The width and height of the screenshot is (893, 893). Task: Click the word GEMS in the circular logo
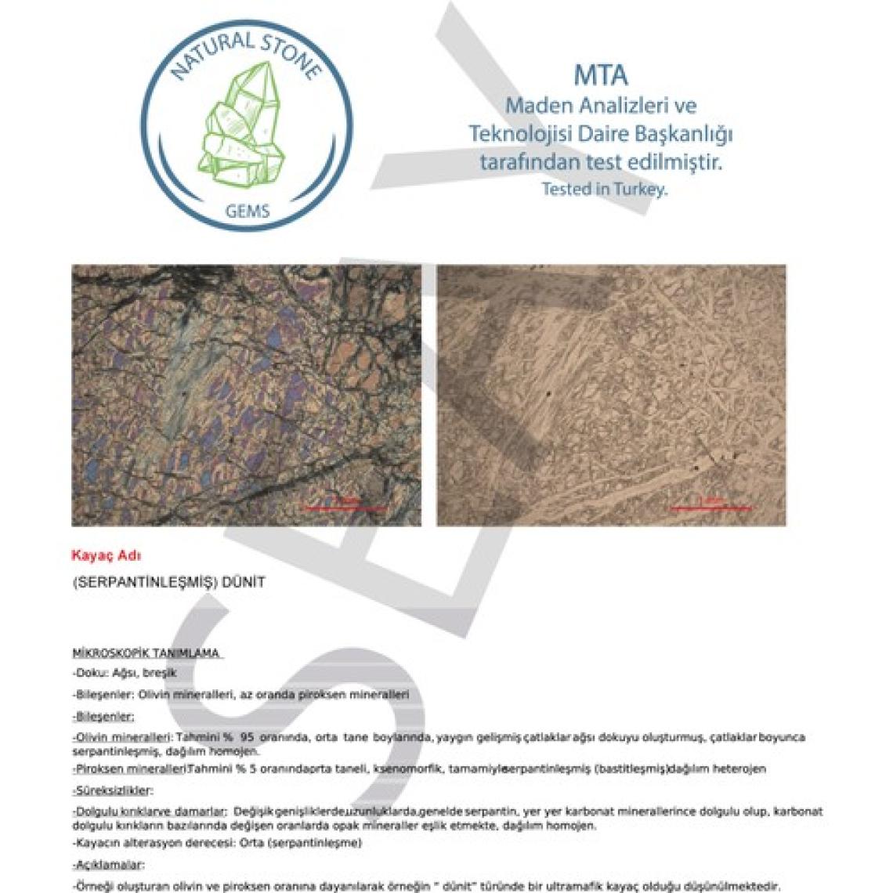[247, 211]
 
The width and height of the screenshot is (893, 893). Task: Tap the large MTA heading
[601, 75]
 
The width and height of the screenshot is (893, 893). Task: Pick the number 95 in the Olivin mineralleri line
[249, 738]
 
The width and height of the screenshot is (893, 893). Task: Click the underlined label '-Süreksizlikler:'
[113, 791]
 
